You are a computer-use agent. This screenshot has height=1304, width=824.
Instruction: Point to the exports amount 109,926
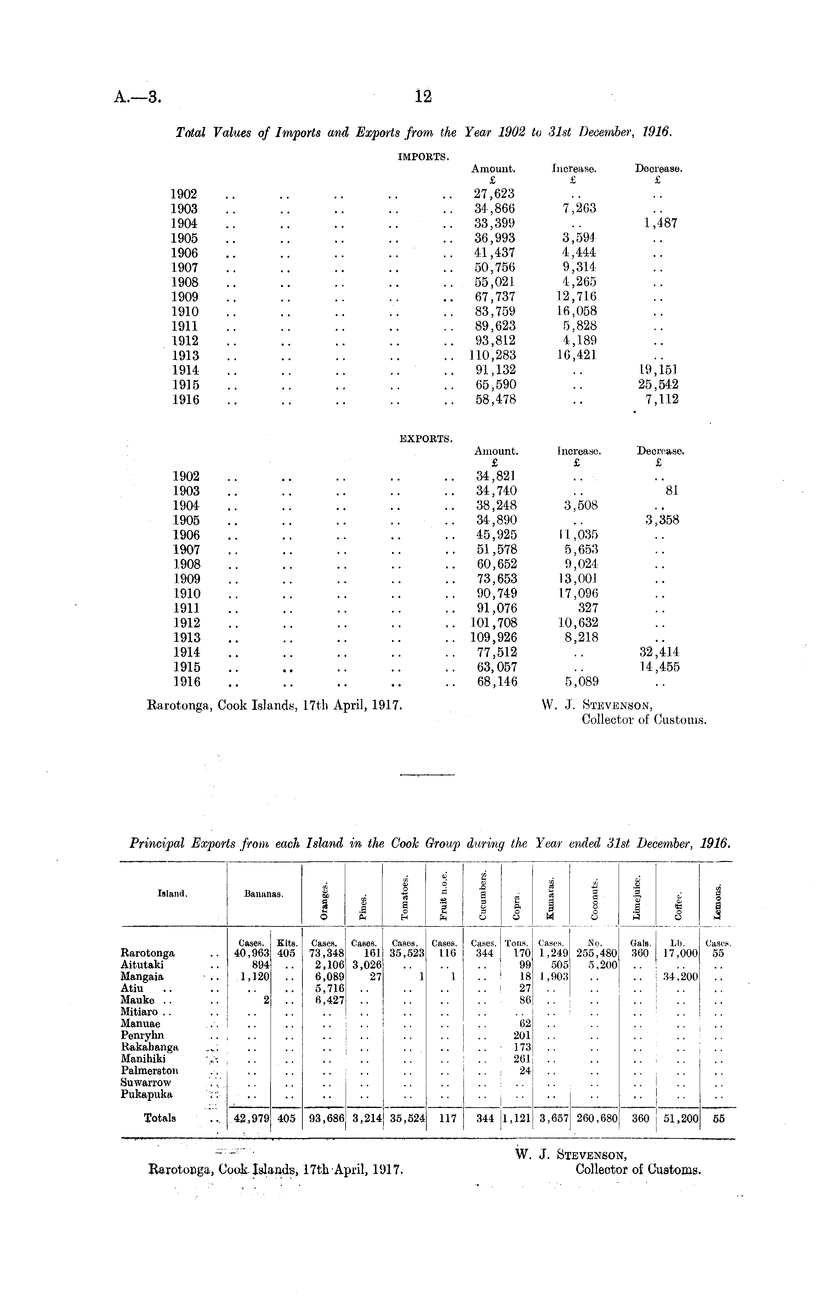click(x=494, y=637)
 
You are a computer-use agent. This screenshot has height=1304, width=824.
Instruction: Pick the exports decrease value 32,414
click(x=659, y=652)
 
